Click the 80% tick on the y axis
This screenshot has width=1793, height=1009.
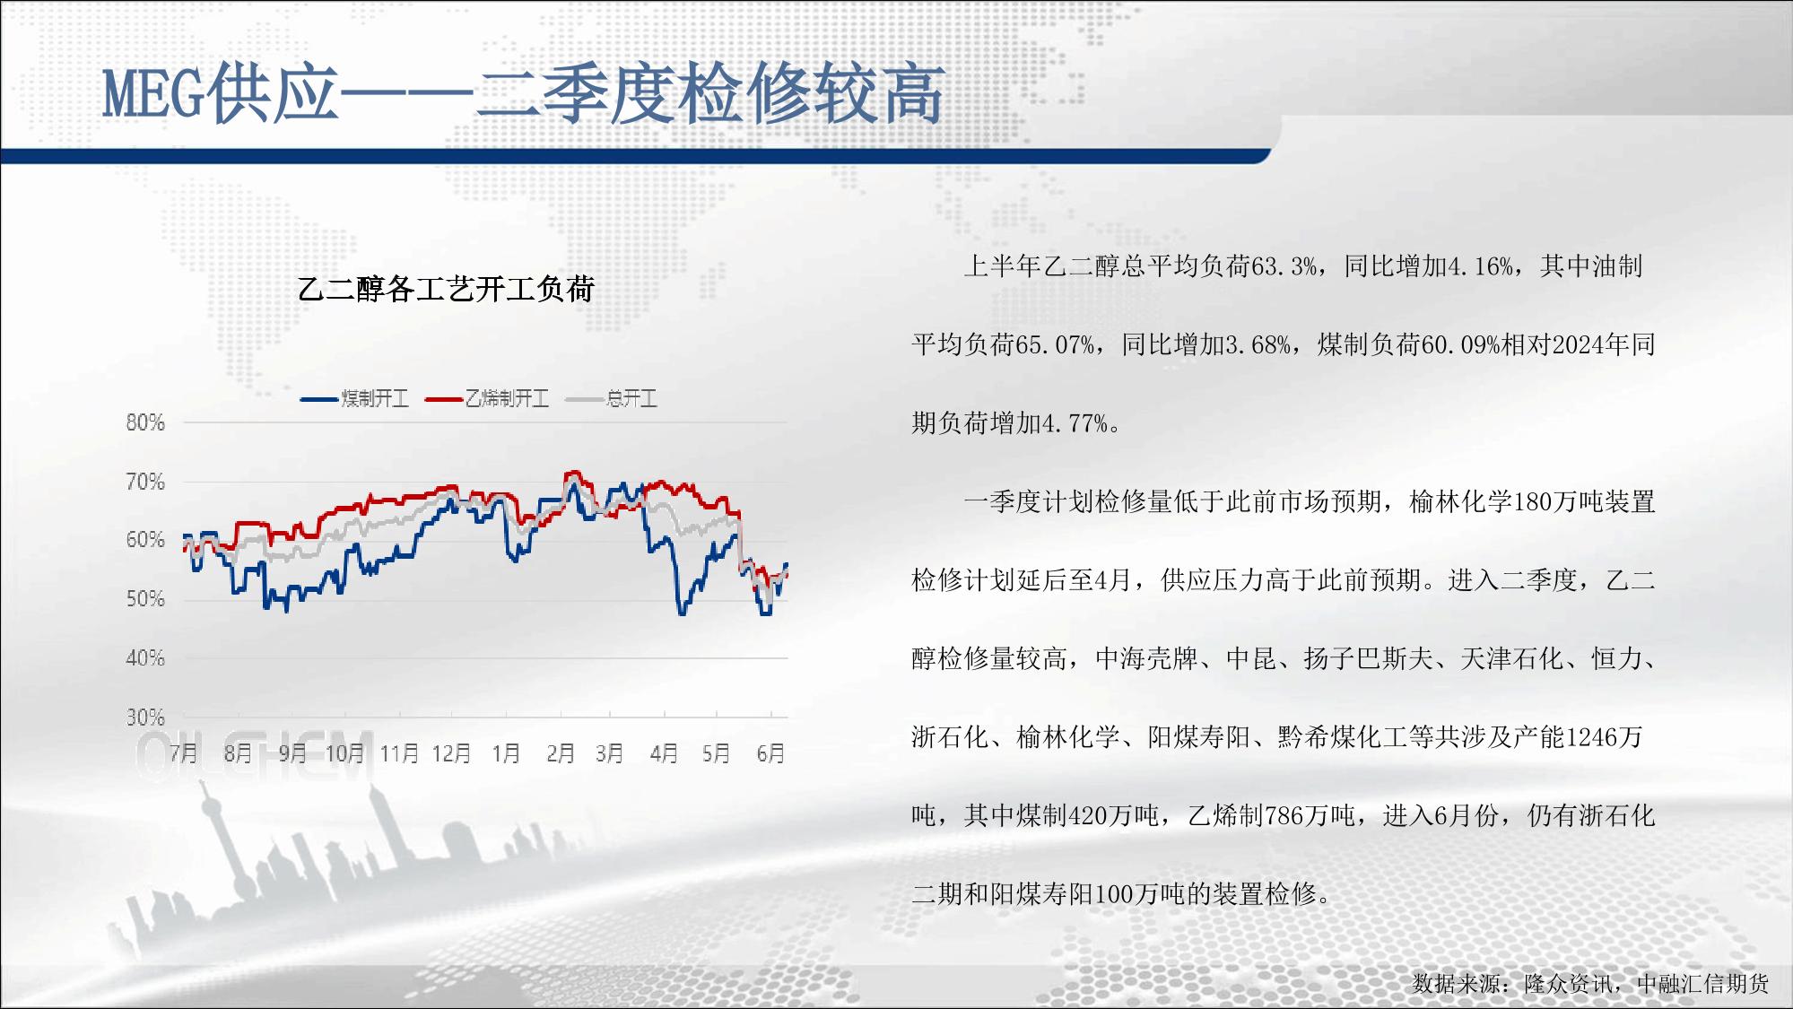145,422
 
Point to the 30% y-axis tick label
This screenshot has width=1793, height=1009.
145,718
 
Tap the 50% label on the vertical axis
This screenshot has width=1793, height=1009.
145,599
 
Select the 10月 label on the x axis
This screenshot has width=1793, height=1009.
344,753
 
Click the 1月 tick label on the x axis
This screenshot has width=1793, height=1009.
506,753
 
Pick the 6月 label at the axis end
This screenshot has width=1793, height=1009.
770,753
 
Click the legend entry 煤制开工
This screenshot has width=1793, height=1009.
355,398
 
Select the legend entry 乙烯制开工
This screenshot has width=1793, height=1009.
487,398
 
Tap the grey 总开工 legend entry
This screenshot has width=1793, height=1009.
612,398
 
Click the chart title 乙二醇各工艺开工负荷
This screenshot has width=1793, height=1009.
446,290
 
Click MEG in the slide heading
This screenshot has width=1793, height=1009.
153,94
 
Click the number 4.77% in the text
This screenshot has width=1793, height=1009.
1074,423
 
